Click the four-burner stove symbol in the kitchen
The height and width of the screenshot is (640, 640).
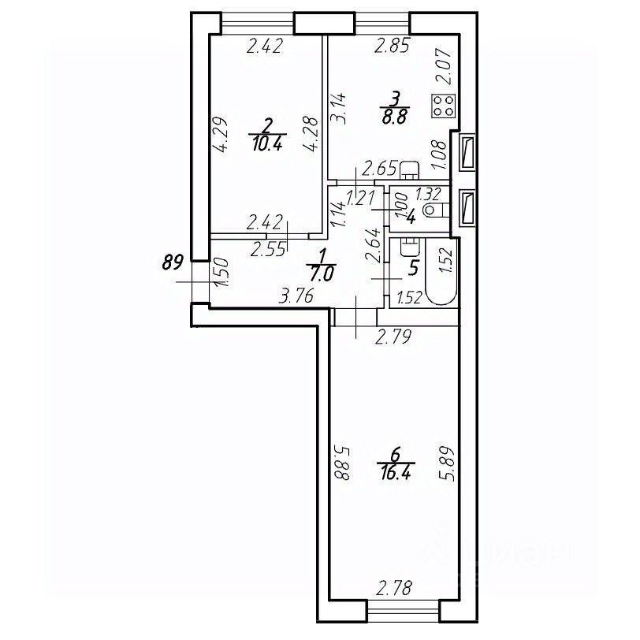tap(444, 106)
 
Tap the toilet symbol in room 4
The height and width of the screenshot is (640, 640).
tap(431, 210)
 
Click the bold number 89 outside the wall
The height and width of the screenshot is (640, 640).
tap(173, 262)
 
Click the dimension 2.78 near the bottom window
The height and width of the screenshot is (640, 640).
tap(395, 587)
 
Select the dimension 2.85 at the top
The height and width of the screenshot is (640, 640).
tap(392, 47)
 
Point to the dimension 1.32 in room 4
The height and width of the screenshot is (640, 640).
tap(427, 194)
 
